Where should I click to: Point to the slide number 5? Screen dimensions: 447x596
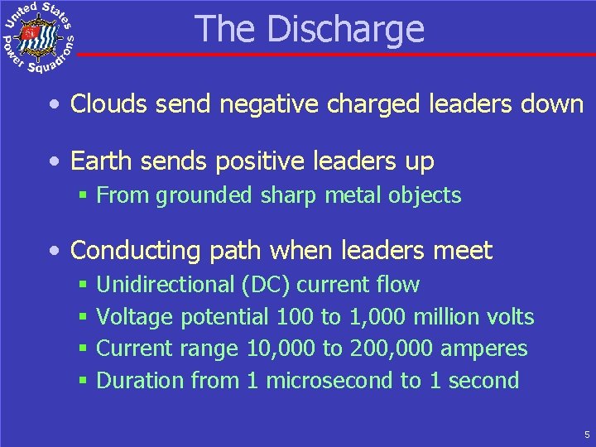[586, 434]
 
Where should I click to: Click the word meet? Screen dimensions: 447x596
[466, 250]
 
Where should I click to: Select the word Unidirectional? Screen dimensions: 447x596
[166, 285]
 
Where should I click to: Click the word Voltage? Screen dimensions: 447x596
[134, 317]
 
